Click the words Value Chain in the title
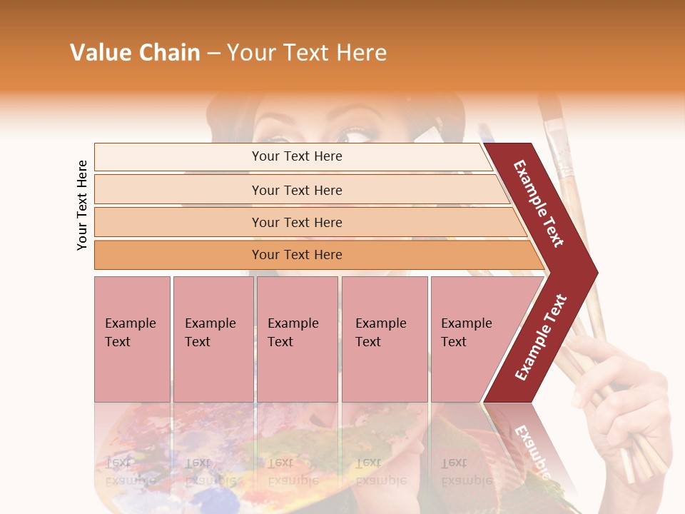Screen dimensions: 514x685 pos(135,53)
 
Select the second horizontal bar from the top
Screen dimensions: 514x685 pos(296,190)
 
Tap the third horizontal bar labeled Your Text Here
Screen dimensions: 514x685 pos(296,223)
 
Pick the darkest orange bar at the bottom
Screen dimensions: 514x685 pos(296,255)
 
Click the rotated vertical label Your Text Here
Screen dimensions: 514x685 pos(83,205)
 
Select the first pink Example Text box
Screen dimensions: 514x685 pos(132,339)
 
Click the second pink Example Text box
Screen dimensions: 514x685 pos(213,339)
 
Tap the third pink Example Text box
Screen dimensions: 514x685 pos(297,339)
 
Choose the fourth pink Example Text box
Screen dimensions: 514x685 pos(384,339)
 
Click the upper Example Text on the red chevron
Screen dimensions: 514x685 pos(539,203)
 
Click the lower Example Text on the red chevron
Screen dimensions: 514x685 pos(541,337)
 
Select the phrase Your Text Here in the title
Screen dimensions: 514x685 pos(307,53)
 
